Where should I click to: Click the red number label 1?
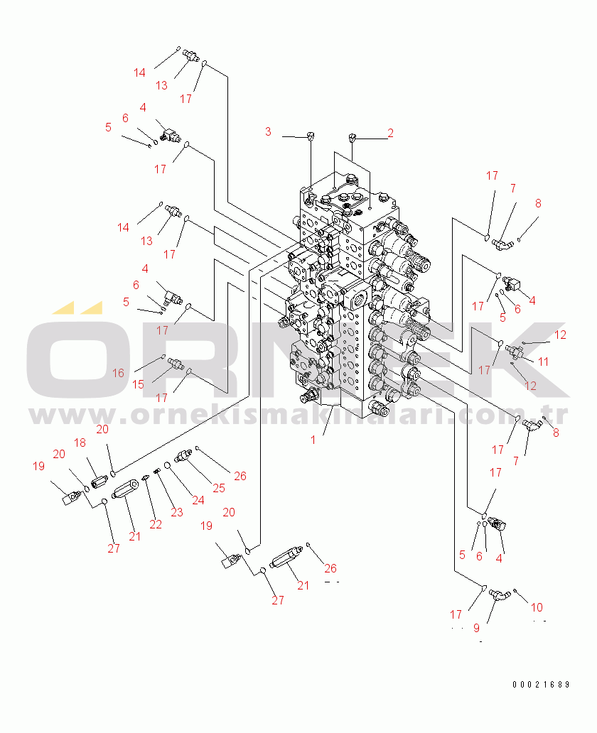tap(313, 440)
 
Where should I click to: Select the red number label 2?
tap(390, 132)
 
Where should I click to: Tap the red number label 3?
tap(268, 131)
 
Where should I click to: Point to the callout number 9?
tap(477, 628)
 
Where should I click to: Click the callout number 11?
tap(543, 362)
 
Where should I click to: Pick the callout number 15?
tap(139, 384)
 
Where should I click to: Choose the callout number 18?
tap(80, 442)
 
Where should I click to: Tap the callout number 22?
tap(156, 524)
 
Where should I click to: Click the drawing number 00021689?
tap(542, 685)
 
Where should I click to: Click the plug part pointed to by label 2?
tap(353, 137)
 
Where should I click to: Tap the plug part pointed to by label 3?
tap(311, 135)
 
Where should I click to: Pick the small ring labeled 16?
tap(163, 356)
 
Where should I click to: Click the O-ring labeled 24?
tap(168, 465)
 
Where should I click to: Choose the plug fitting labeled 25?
tap(183, 454)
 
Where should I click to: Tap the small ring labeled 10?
tap(515, 591)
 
